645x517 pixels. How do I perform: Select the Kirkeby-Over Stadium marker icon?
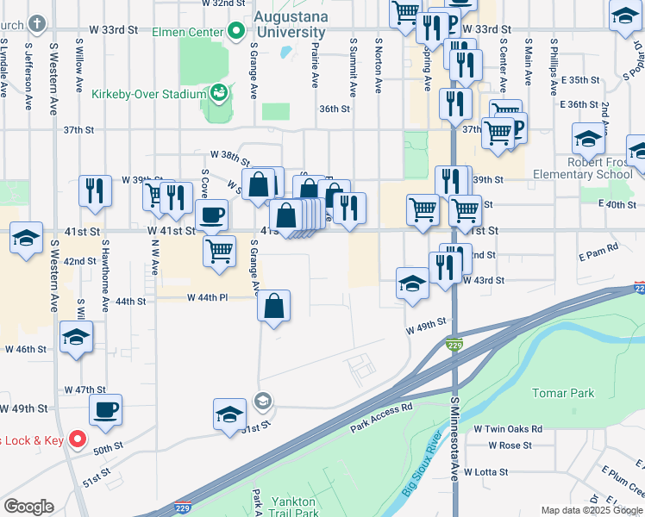pos(219,91)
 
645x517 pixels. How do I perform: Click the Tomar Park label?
pos(563,393)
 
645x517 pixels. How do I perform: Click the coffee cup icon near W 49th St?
pos(106,410)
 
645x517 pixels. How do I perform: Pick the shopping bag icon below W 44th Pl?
pos(273,306)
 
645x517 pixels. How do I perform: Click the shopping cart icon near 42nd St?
pos(220,252)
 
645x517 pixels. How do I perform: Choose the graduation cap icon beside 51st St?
pos(230,414)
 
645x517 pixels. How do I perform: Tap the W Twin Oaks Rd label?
pos(507,428)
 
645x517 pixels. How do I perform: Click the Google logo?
pos(28,507)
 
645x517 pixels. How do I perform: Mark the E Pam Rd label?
pos(598,247)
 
